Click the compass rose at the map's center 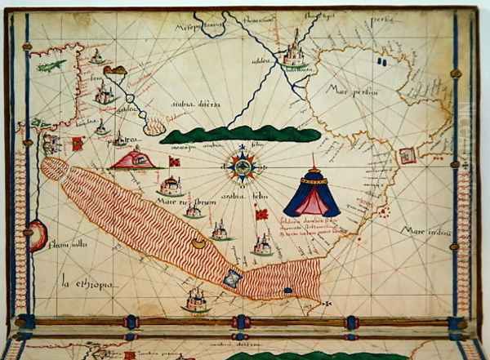[242, 166]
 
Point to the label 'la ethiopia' [87, 284]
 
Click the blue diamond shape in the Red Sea [233, 279]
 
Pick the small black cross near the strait [327, 304]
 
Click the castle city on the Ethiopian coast [196, 300]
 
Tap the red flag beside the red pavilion [172, 161]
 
